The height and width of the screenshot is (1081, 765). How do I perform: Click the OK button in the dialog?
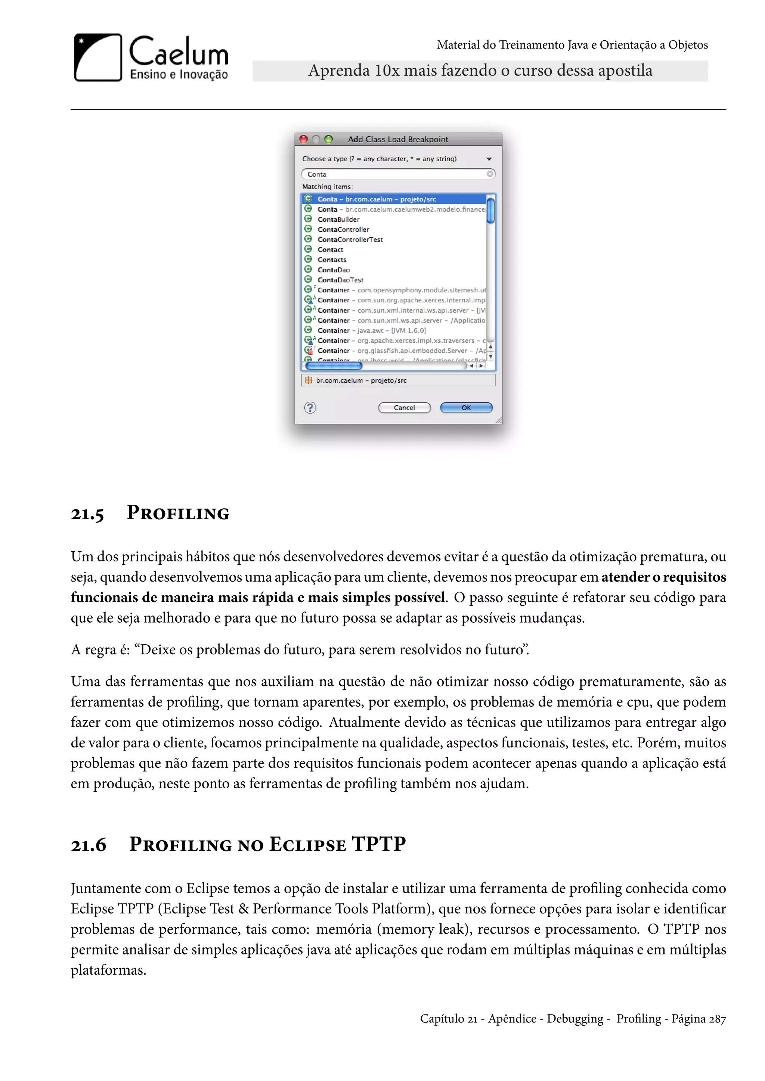click(x=466, y=408)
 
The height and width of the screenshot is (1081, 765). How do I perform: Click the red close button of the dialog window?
click(x=304, y=139)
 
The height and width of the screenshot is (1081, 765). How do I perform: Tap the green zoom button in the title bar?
click(x=329, y=139)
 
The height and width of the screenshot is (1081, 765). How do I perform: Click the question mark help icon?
click(x=310, y=408)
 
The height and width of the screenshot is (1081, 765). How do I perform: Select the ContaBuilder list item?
click(x=338, y=219)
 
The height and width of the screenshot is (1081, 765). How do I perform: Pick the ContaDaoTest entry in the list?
click(x=340, y=280)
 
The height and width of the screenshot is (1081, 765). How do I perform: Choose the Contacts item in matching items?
click(x=332, y=260)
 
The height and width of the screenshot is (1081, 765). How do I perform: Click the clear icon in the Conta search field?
click(x=490, y=174)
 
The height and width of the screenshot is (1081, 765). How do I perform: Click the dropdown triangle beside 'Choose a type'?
click(x=489, y=159)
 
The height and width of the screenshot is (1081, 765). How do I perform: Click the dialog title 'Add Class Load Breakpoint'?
click(x=398, y=139)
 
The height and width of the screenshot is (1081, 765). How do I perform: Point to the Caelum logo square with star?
click(x=98, y=57)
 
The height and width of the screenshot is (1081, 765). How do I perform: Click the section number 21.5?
click(x=87, y=514)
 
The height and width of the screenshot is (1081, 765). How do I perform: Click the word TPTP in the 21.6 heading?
click(x=379, y=844)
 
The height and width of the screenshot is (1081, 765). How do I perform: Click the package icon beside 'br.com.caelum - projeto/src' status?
click(x=309, y=380)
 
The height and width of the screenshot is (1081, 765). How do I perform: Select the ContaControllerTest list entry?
click(x=350, y=240)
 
